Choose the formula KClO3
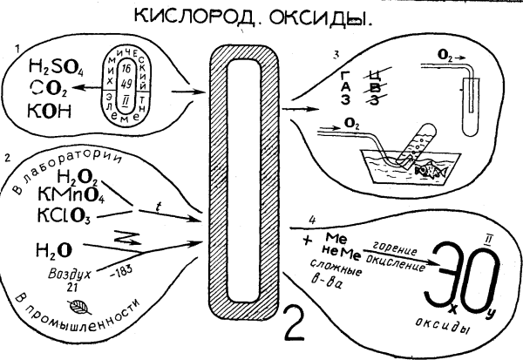[x=71, y=215]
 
